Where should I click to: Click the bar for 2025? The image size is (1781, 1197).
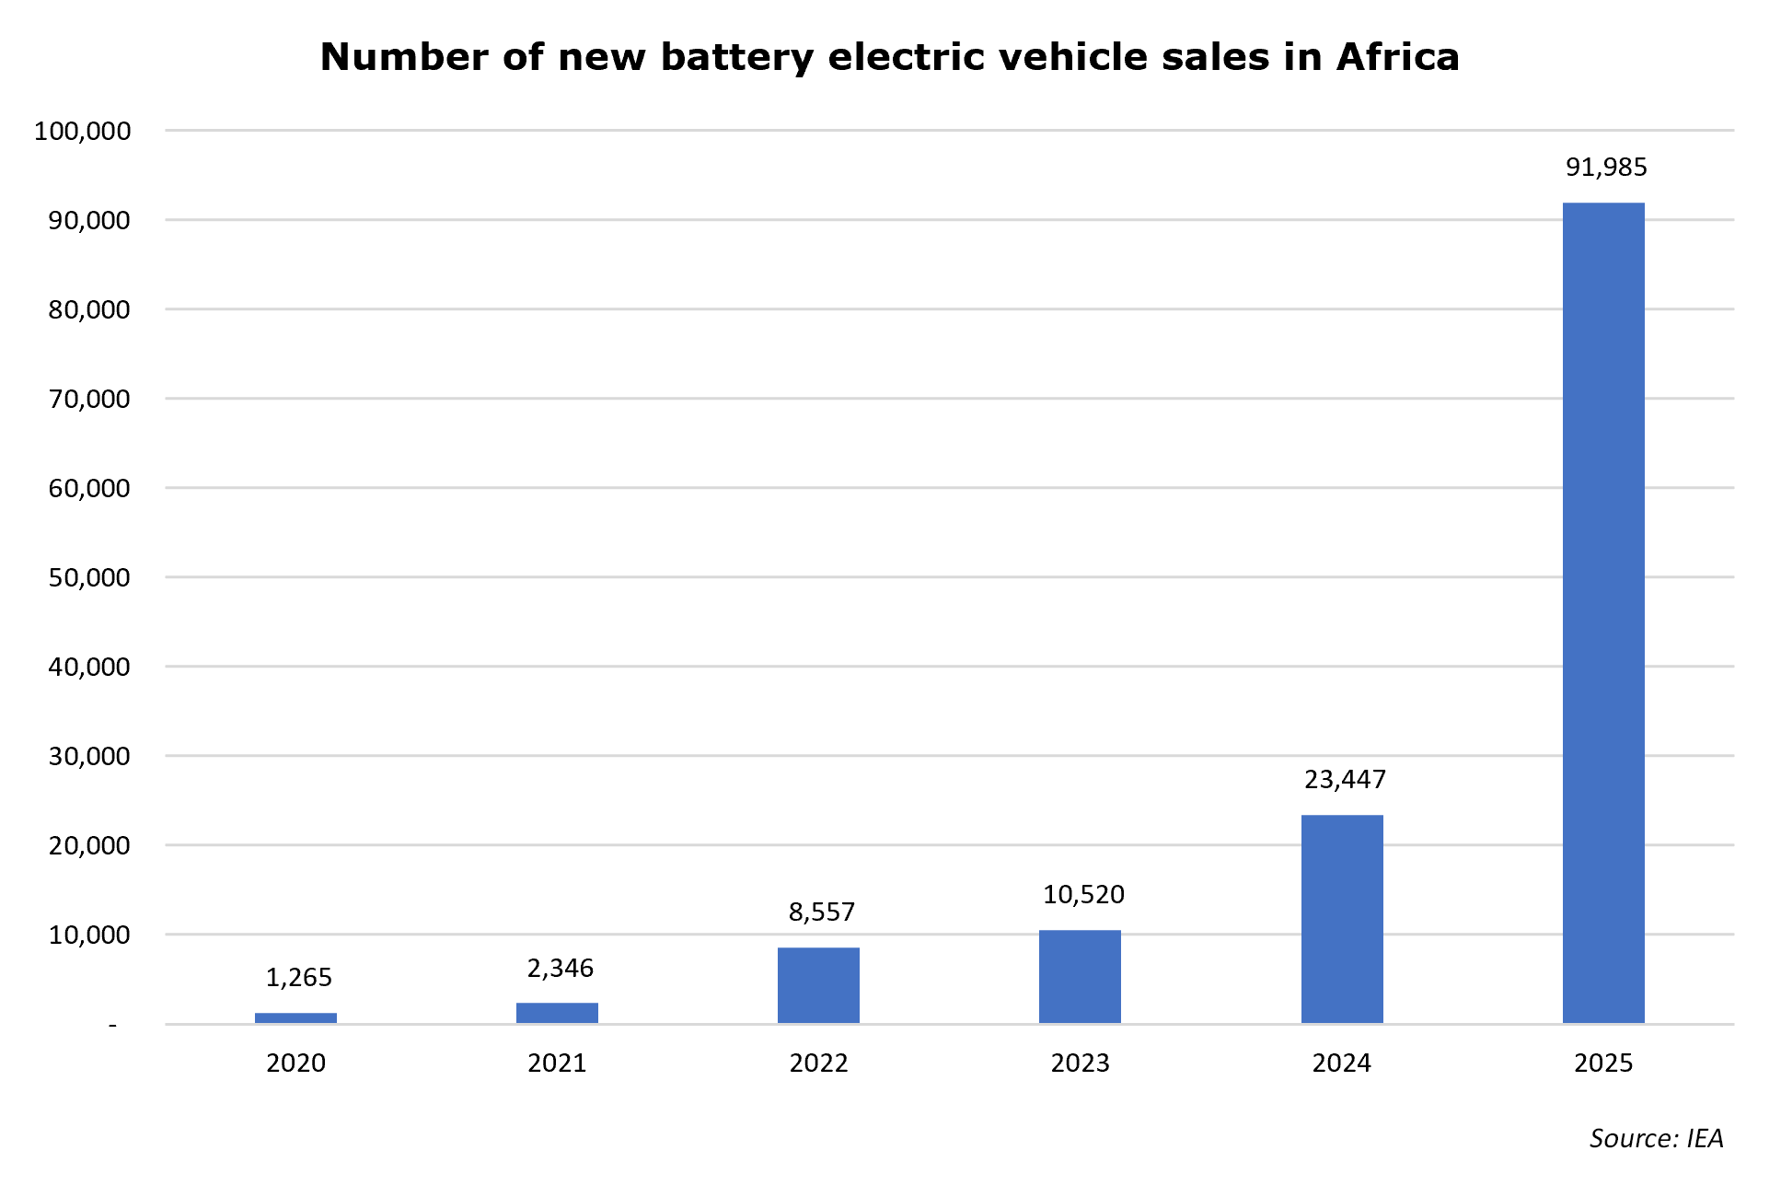(x=1603, y=613)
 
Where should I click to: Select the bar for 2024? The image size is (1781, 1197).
(x=1342, y=919)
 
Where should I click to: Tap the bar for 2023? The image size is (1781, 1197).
(x=1080, y=977)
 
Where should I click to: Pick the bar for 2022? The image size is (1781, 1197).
(x=818, y=985)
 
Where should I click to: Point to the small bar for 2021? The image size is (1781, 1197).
(x=557, y=1013)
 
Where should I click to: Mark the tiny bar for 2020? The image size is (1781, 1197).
(x=295, y=1018)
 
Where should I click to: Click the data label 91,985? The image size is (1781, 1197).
(x=1606, y=168)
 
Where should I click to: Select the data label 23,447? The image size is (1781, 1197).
(x=1345, y=780)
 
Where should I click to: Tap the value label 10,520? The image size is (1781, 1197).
(x=1083, y=895)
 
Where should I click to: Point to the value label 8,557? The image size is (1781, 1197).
(x=822, y=912)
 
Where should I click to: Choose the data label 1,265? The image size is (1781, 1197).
(x=299, y=978)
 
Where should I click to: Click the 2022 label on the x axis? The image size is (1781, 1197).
(x=818, y=1063)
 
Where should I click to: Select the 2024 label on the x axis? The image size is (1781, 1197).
(x=1342, y=1063)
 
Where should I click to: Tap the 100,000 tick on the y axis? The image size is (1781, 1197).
(x=83, y=132)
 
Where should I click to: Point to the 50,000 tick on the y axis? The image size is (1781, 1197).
(x=89, y=578)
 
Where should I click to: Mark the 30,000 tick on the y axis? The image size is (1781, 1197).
(x=89, y=757)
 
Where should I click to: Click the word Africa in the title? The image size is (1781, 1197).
(x=1398, y=57)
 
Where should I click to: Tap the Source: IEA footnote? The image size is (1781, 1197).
(x=1656, y=1139)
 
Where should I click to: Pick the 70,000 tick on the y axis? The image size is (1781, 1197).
(x=89, y=400)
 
